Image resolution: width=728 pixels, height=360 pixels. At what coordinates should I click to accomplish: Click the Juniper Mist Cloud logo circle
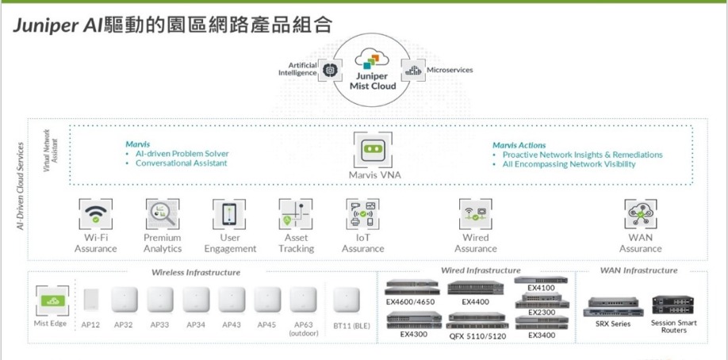(x=373, y=73)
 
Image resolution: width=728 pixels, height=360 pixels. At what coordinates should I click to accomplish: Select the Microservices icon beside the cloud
(x=413, y=71)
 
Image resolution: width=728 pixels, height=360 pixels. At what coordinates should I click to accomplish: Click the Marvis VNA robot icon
(x=373, y=149)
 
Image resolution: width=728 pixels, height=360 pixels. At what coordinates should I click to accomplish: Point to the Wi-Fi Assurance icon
(x=96, y=215)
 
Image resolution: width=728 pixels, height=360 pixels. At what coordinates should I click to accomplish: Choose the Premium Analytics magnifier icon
(x=163, y=215)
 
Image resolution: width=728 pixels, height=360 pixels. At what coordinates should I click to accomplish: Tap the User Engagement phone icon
(x=229, y=215)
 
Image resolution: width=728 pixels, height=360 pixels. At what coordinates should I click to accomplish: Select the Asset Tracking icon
(x=296, y=215)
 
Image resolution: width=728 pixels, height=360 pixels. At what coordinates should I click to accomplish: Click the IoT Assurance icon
(x=363, y=215)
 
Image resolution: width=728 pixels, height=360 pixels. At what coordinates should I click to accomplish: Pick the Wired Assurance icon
(x=476, y=215)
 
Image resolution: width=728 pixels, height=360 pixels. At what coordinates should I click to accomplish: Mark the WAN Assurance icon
(x=641, y=215)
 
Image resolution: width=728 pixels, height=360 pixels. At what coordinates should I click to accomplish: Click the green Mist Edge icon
(x=50, y=301)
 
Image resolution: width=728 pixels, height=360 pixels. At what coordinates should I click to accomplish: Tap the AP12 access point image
(x=90, y=300)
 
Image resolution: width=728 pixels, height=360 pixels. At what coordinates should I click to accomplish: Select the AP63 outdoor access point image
(x=304, y=300)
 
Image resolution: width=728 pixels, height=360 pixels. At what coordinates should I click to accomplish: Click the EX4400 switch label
(x=475, y=302)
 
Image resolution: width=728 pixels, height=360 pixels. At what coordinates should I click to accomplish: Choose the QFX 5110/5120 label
(x=477, y=336)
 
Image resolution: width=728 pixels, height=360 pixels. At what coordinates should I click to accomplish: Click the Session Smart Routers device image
(x=673, y=304)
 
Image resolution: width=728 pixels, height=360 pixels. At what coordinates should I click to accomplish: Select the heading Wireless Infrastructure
(x=196, y=272)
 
